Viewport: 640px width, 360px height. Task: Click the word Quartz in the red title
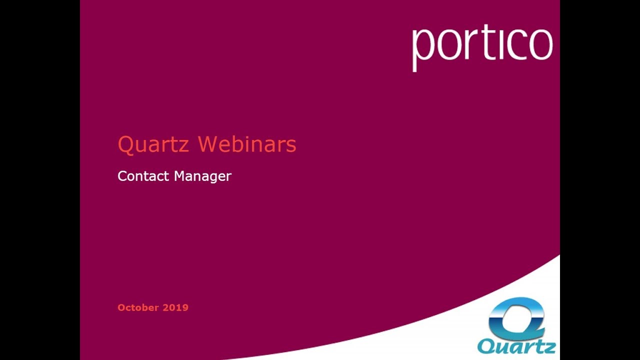pyautogui.click(x=153, y=144)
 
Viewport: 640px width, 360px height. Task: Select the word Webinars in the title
pyautogui.click(x=247, y=144)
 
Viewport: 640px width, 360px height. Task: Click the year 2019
pyautogui.click(x=175, y=307)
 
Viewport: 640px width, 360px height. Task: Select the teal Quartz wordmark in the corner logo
pyautogui.click(x=516, y=346)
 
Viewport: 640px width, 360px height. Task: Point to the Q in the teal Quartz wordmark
pyautogui.click(x=486, y=346)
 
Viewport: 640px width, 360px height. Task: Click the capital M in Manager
pyautogui.click(x=180, y=176)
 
